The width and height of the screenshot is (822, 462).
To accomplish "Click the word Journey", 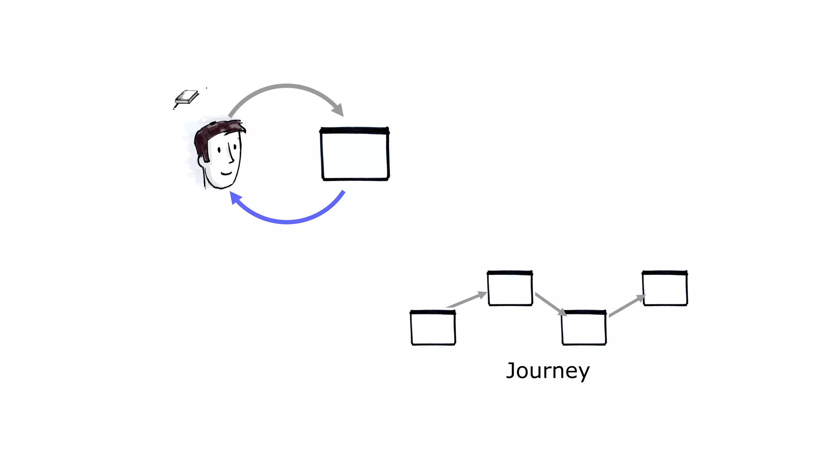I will point(548,371).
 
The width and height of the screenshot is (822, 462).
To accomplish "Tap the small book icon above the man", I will point(187,97).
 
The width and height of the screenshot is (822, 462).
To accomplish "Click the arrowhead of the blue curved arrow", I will point(235,197).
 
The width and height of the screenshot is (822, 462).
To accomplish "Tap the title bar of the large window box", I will point(355,130).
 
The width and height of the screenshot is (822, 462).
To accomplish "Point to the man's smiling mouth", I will point(226,173).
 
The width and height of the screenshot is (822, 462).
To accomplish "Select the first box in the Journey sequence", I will point(433,328).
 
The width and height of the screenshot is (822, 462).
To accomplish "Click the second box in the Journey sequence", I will point(510,288).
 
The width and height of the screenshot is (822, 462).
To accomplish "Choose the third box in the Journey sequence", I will point(584,328).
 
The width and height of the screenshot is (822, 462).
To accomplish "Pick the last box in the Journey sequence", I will point(665,288).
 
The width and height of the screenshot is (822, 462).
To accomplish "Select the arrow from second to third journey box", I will point(550,304).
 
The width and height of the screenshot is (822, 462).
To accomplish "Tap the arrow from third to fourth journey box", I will point(627,306).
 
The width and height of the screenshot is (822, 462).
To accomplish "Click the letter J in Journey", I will point(511,370).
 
